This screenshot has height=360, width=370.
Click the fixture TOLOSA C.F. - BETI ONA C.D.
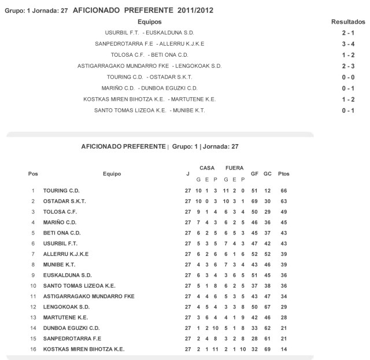150,55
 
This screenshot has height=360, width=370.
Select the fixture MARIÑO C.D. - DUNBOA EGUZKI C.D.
150,88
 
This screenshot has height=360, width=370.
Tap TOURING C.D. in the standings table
61,190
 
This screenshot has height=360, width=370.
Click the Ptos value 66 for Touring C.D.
283,190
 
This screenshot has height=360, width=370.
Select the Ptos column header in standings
283,174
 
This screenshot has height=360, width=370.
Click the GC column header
267,174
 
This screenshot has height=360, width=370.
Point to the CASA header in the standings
207,168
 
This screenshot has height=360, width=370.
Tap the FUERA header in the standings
234,168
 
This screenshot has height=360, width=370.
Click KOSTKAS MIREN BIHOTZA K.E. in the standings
84,349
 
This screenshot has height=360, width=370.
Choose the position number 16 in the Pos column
33,349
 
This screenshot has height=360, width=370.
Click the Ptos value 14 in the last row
283,349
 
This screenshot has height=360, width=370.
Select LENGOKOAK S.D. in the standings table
66,307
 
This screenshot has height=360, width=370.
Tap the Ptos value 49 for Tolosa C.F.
283,212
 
